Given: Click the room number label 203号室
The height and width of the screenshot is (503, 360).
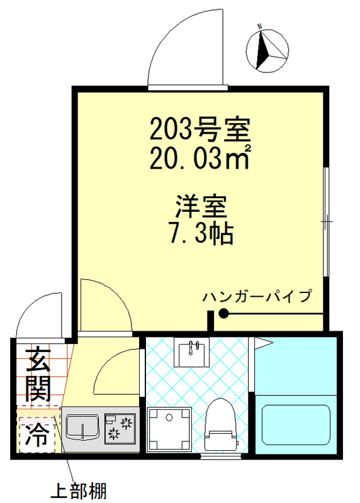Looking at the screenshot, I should pos(200,130).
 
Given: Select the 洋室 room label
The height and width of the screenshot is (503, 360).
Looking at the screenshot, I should pos(200,207).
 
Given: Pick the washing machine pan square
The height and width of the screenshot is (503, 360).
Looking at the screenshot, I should pos(169,429).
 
